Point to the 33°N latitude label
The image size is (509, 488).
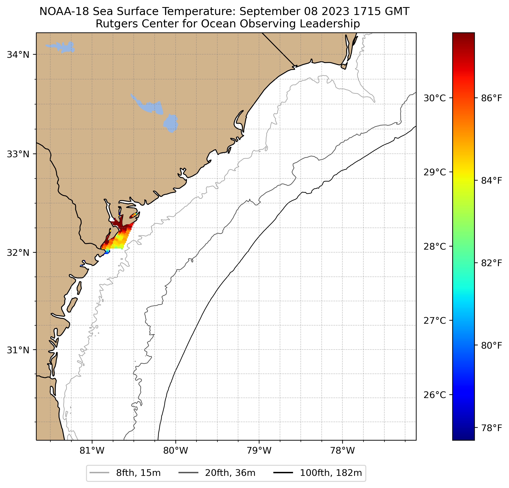click(18, 154)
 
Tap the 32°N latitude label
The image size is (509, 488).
click(18, 252)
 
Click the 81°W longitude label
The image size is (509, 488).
click(92, 451)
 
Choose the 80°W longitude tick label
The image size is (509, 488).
click(176, 451)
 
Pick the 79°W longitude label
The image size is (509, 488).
click(259, 451)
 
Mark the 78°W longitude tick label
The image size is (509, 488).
click(342, 451)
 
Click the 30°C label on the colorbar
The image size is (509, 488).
click(434, 98)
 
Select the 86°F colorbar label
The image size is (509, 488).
click(492, 98)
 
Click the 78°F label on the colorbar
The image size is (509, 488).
click(492, 428)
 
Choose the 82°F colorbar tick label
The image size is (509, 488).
click(492, 263)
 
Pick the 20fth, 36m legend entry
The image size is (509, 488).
click(230, 473)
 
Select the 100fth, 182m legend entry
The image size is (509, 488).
click(331, 473)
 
